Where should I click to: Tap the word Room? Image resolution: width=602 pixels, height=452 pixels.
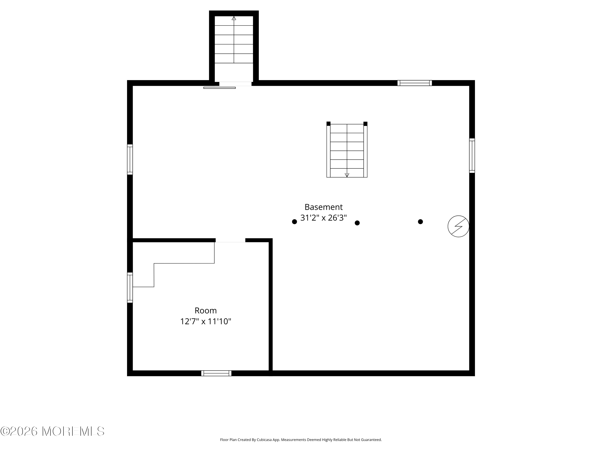click(x=205, y=311)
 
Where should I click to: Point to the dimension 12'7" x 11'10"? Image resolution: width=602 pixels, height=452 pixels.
click(x=205, y=321)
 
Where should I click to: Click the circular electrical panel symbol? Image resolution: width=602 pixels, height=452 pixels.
click(x=458, y=226)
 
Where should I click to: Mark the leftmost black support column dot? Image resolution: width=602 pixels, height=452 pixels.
click(x=294, y=222)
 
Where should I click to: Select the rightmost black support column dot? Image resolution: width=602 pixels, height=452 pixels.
click(x=420, y=222)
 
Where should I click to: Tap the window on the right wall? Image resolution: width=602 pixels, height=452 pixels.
click(x=472, y=155)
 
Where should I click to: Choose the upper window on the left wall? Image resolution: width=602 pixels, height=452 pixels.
click(x=130, y=159)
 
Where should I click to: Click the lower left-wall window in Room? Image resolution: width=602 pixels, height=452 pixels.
click(x=130, y=287)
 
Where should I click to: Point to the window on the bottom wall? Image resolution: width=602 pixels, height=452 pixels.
click(x=216, y=373)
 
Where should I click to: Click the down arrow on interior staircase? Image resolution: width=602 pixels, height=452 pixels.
click(x=347, y=175)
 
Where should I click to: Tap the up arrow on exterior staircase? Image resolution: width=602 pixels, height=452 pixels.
click(x=234, y=18)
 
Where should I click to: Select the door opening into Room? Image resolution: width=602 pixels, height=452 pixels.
click(x=230, y=240)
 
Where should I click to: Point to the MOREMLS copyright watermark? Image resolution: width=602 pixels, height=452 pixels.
click(x=52, y=431)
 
